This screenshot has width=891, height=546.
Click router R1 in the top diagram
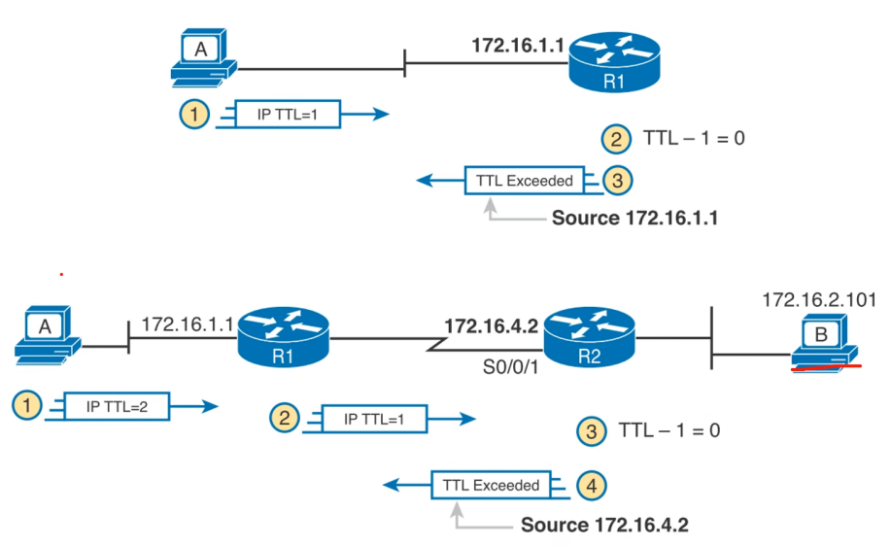614,63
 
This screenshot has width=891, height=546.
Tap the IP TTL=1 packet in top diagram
286,115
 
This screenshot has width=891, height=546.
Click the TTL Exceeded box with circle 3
524,180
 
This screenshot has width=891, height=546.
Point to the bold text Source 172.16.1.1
634,219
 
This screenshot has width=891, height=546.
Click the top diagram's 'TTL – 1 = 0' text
694,139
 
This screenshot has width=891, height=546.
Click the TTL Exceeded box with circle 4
491,485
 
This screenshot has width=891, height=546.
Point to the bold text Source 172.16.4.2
604,526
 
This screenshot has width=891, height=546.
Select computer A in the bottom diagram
45,335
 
